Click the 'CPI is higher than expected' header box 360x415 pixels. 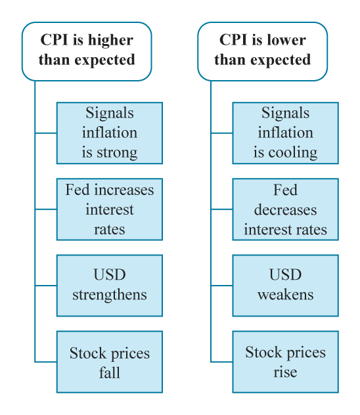pyautogui.click(x=87, y=51)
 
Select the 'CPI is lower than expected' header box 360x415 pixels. pyautogui.click(x=263, y=51)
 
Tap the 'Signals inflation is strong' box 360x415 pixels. pyautogui.click(x=110, y=133)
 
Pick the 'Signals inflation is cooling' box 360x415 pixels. pyautogui.click(x=285, y=133)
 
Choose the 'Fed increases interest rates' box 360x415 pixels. pyautogui.click(x=110, y=209)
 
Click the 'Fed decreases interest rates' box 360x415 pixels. pyautogui.click(x=285, y=209)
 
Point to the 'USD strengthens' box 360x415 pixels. pyautogui.click(x=110, y=286)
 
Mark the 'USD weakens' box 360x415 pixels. pyautogui.click(x=285, y=286)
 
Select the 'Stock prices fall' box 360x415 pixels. pyautogui.click(x=110, y=362)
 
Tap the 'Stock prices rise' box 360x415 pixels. pyautogui.click(x=285, y=362)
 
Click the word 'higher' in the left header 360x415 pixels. pyautogui.click(x=110, y=41)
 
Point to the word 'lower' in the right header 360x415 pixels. pyautogui.click(x=286, y=40)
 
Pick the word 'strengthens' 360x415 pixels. pyautogui.click(x=110, y=295)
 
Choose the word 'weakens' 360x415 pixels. pyautogui.click(x=285, y=294)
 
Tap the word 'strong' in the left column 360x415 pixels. pyautogui.click(x=117, y=153)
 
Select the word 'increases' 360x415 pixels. pyautogui.click(x=124, y=190)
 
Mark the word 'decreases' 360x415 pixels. pyautogui.click(x=285, y=209)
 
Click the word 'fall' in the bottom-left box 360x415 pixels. pyautogui.click(x=110, y=372)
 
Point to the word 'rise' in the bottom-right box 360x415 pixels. pyautogui.click(x=285, y=372)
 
